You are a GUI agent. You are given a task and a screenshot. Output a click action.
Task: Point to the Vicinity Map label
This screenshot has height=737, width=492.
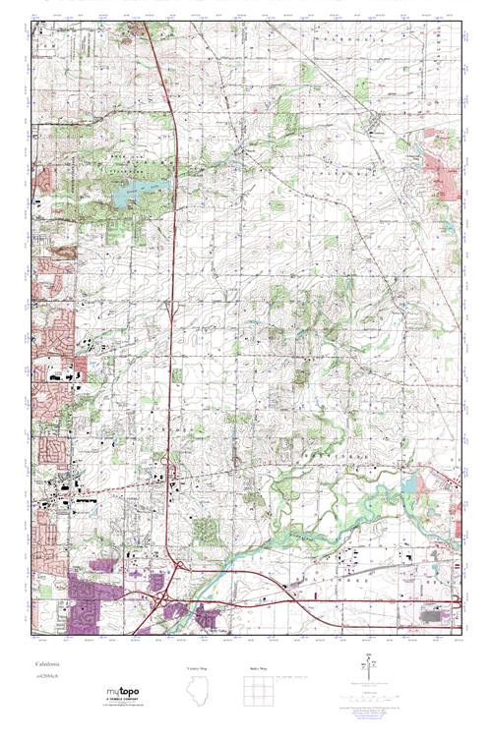click(200, 667)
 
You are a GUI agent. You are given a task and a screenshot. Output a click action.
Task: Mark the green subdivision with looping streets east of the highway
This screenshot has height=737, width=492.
click(206, 531)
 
